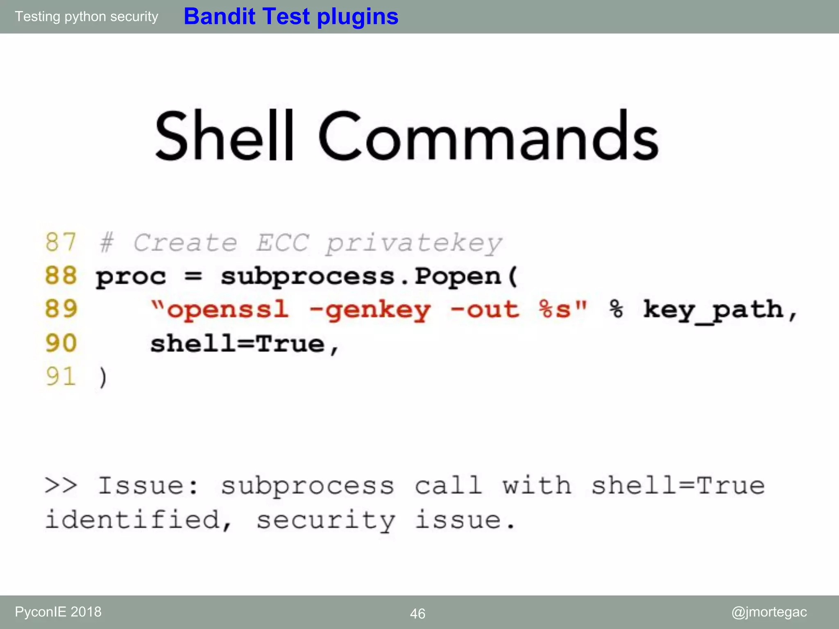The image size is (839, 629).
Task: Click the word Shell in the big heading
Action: tap(224, 136)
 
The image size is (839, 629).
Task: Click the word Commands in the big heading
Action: tap(488, 136)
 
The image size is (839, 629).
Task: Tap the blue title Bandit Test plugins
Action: tap(291, 16)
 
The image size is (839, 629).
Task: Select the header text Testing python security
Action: tap(86, 16)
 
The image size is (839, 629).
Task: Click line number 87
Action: tap(61, 242)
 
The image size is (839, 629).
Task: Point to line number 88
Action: tap(61, 276)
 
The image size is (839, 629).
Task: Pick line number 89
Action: tap(61, 309)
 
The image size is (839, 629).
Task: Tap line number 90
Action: tap(61, 343)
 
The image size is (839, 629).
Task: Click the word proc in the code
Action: tap(131, 276)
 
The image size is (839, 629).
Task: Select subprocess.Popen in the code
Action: tap(369, 276)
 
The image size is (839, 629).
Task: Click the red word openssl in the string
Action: tap(227, 310)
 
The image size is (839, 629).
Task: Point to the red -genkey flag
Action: tap(370, 310)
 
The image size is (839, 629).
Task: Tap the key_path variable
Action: tap(713, 310)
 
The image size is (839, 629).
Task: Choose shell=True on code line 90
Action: tap(238, 344)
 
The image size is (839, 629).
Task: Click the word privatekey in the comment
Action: tap(414, 243)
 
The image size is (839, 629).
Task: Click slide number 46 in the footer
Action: tap(417, 613)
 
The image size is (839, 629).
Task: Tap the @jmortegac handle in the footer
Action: tap(769, 612)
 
